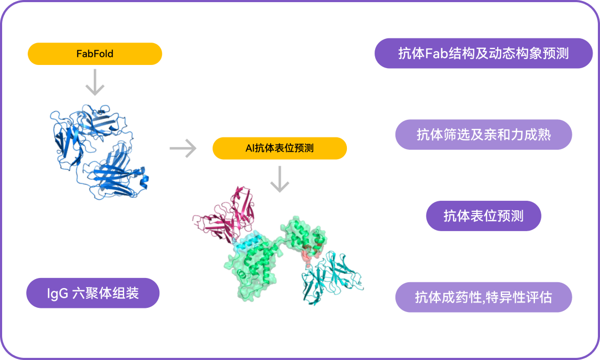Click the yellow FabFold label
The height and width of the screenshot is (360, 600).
[95, 54]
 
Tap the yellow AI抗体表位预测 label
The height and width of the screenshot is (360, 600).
[279, 149]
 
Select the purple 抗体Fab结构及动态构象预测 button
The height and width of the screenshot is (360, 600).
[483, 53]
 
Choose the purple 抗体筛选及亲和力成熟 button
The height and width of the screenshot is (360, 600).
[483, 134]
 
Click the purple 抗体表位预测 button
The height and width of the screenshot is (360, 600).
[483, 216]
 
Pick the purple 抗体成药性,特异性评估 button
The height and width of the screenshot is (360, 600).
[483, 297]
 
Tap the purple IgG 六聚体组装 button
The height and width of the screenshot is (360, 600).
[93, 293]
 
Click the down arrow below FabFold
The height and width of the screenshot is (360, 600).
[95, 83]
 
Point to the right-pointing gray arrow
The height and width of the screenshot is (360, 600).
[183, 149]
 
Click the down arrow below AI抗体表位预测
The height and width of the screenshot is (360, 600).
[279, 178]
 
